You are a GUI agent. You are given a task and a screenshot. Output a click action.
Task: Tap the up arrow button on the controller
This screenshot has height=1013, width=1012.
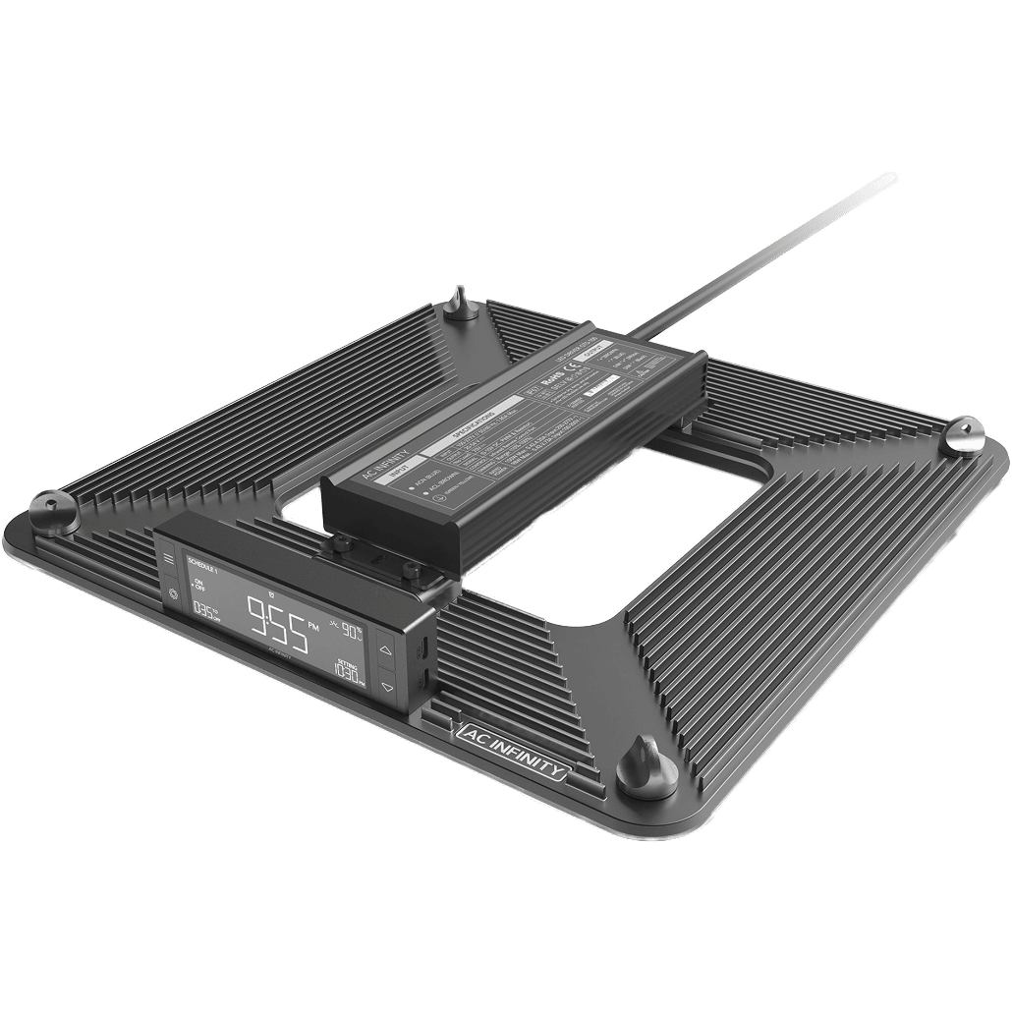[386, 649]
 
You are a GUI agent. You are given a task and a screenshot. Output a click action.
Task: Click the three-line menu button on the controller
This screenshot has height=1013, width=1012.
[167, 561]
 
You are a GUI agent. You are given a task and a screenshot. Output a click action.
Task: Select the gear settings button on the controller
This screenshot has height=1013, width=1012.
[174, 593]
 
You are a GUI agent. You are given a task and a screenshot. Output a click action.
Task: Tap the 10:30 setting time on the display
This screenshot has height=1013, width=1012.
[346, 673]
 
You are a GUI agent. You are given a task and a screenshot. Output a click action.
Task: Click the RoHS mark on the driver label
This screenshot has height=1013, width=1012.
[558, 377]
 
